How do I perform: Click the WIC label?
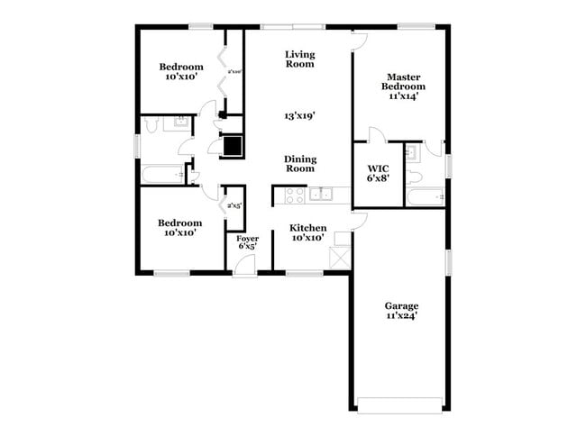click(377, 168)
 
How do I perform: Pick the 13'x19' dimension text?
click(299, 116)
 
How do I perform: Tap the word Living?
click(299, 53)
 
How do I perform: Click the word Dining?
click(299, 157)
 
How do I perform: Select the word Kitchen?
click(307, 228)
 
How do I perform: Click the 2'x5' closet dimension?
click(233, 206)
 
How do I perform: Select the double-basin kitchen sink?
click(321, 194)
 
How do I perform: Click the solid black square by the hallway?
click(233, 145)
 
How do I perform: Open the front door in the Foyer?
click(244, 263)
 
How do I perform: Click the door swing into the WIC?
click(375, 136)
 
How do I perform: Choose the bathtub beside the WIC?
click(424, 195)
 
